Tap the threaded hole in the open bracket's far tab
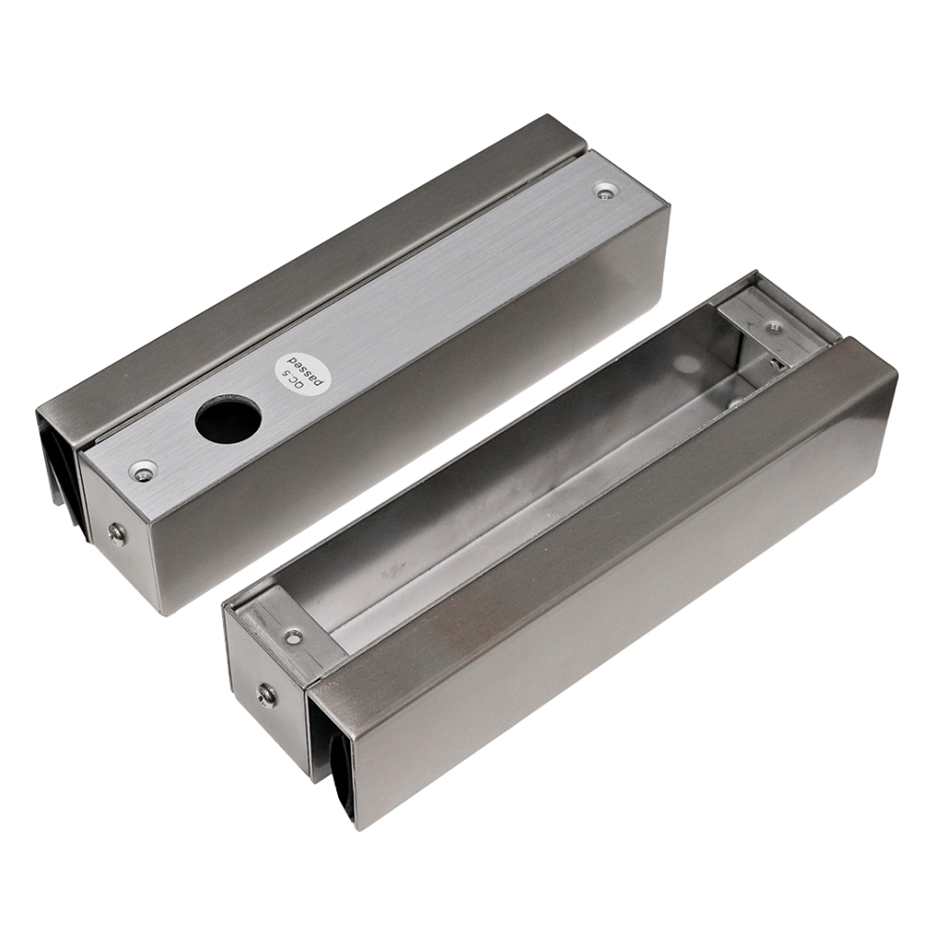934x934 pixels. coord(772,326)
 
